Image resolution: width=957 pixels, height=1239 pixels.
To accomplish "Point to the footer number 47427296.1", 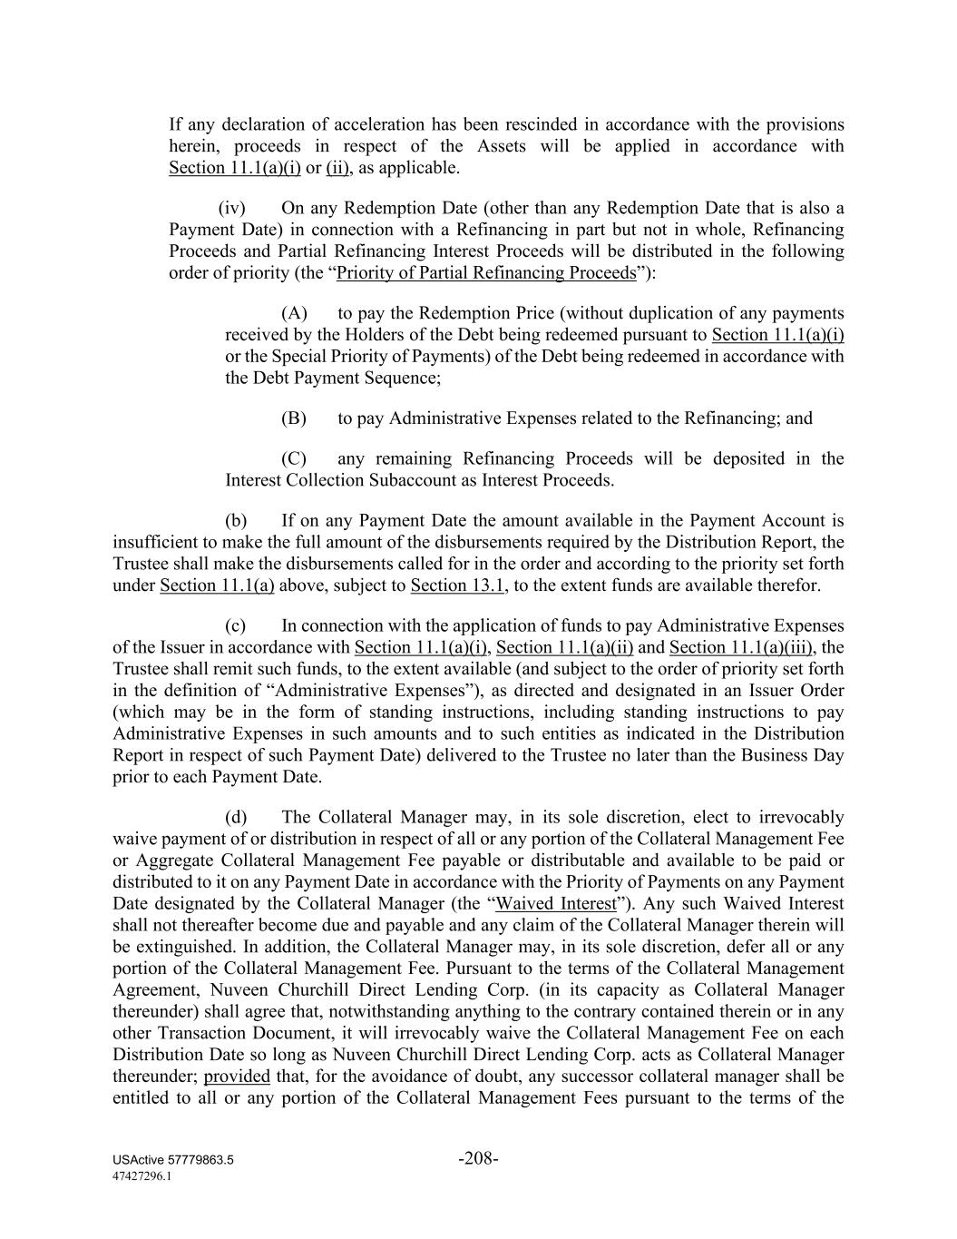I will pos(142,1175).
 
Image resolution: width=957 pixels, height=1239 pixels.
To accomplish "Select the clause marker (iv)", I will pos(232,208).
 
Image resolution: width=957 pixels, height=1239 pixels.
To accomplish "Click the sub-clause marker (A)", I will pos(294,313).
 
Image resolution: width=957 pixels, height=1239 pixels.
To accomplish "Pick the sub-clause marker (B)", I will pos(294,418).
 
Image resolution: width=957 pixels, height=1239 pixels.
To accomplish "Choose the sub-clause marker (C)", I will pos(294,458).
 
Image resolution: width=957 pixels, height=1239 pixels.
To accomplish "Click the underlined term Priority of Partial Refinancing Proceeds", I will pos(486,273).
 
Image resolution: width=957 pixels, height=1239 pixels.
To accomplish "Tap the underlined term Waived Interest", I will pos(556,904).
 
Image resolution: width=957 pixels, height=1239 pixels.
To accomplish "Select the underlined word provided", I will pos(237,1077).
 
